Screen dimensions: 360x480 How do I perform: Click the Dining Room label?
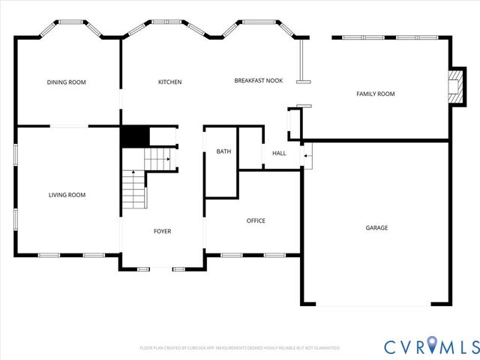[x=67, y=82]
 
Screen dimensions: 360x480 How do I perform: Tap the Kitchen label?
[x=169, y=82]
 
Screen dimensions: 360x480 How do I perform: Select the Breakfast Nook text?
[x=258, y=81]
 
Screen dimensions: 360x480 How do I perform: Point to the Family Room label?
[x=375, y=94]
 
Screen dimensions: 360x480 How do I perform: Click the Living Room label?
[x=67, y=195]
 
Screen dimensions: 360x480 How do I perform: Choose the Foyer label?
[x=162, y=231]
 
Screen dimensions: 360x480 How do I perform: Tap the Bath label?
[x=224, y=151]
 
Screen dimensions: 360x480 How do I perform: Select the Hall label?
[x=279, y=154]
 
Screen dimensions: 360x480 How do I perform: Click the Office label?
[x=256, y=220]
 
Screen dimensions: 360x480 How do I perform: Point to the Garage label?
[x=376, y=227]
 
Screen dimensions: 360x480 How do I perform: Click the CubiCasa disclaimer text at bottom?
[x=240, y=348]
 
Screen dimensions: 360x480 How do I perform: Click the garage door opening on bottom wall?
[x=373, y=304]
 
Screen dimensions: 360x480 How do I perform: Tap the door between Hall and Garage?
[x=305, y=155]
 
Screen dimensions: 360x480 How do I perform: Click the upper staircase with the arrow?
[x=158, y=158]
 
